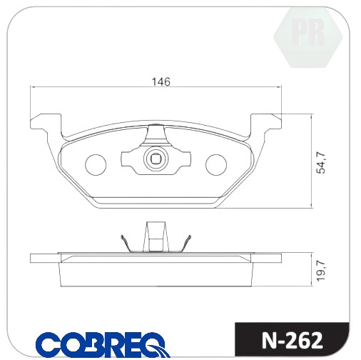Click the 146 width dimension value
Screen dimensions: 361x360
tap(161, 81)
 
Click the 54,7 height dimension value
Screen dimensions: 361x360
tap(320, 163)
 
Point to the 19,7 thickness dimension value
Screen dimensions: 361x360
tap(320, 271)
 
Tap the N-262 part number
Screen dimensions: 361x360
tap(293, 341)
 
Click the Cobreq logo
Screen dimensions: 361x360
tap(103, 346)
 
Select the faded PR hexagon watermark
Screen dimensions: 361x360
tap(308, 37)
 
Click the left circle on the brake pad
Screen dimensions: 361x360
tap(96, 164)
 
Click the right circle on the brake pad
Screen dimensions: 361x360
tap(216, 164)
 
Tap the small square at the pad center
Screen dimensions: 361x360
tap(156, 159)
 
